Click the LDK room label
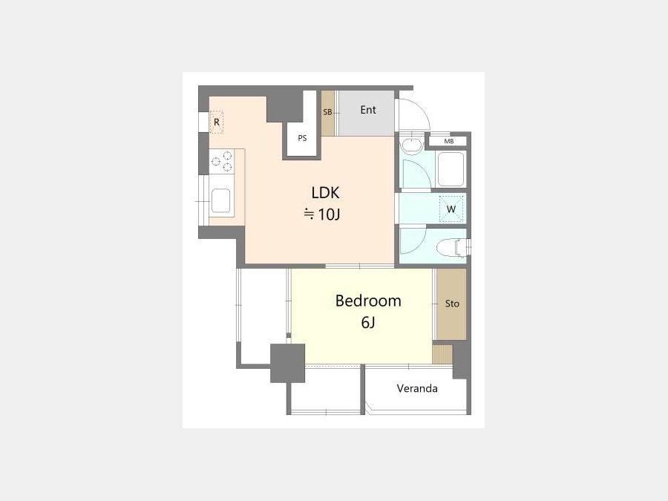[325, 193]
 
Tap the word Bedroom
[368, 301]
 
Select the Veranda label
[417, 388]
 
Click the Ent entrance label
[368, 110]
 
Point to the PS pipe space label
[302, 138]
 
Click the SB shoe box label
[327, 113]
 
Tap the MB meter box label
[448, 142]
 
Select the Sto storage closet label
[452, 304]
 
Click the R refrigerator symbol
[217, 122]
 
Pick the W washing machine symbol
[451, 209]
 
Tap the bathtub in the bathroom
[451, 169]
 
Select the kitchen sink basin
[221, 200]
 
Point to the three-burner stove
[221, 162]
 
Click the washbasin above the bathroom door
[412, 145]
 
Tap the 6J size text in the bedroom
[368, 323]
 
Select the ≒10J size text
[322, 215]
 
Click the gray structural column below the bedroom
[287, 363]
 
